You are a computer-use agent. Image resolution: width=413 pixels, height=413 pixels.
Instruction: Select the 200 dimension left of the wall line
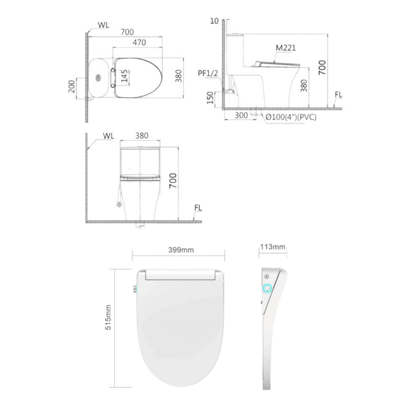tap(72, 86)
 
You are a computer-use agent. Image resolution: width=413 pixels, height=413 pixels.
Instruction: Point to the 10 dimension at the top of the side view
tap(214, 21)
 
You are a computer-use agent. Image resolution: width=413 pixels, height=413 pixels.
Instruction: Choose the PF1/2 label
tap(208, 73)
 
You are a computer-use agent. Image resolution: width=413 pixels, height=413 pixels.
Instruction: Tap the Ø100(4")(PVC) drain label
tap(291, 117)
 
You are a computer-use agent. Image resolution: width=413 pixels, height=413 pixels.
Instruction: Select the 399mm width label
tap(178, 250)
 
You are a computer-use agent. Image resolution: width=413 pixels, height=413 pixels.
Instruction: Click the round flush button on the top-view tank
tap(99, 77)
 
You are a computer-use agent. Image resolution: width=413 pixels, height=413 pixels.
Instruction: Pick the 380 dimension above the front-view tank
tap(141, 136)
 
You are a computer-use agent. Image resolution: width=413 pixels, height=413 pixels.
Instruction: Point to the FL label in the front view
tap(198, 207)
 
